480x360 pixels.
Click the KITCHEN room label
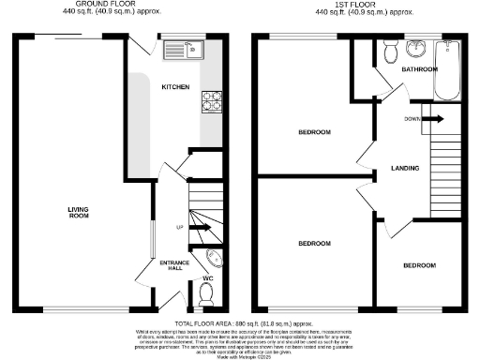click(x=175, y=87)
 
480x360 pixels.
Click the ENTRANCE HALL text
click(x=174, y=266)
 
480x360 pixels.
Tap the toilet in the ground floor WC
click(x=207, y=296)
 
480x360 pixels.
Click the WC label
click(x=207, y=277)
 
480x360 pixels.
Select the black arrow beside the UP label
click(x=200, y=227)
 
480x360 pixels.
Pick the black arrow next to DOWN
click(x=434, y=118)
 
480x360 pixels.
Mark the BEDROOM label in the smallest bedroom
click(x=418, y=265)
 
